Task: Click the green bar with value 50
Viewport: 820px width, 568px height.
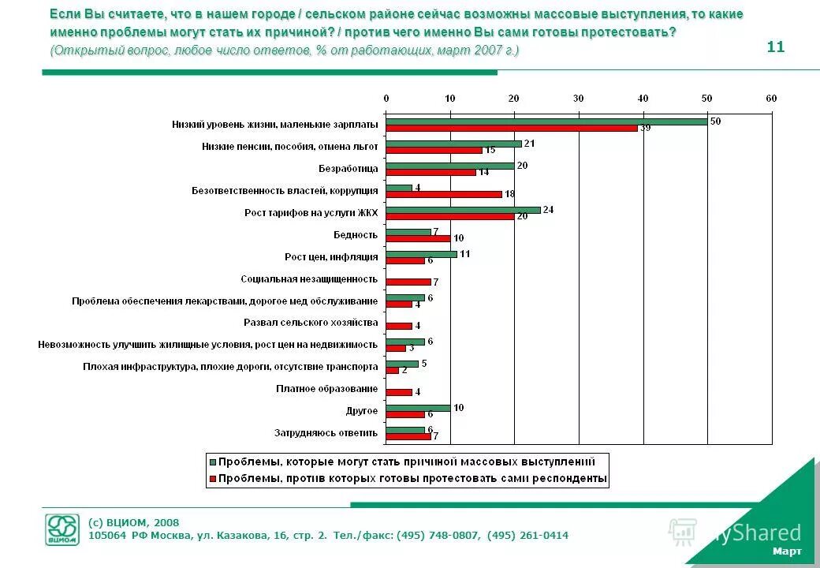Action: click(546, 121)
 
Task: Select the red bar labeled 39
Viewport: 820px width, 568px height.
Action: click(512, 129)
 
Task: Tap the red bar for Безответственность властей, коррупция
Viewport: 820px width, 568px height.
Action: click(444, 194)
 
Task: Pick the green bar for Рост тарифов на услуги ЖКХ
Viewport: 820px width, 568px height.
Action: click(463, 210)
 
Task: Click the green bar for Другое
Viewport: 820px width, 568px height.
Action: click(418, 408)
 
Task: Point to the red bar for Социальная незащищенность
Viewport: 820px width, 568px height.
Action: click(408, 282)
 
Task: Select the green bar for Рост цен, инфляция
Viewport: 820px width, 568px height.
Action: click(421, 254)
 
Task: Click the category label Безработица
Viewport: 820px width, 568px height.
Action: click(348, 169)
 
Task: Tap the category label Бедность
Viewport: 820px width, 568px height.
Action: click(356, 235)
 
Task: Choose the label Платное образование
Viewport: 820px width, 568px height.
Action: click(326, 389)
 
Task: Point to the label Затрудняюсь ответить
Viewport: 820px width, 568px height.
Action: click(326, 433)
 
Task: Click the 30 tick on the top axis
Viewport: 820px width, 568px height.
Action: click(578, 98)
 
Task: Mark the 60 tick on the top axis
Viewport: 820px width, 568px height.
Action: click(770, 98)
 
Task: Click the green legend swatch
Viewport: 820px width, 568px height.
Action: click(212, 461)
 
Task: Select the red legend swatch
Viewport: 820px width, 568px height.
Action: click(212, 478)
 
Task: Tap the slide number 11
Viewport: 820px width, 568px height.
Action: click(775, 47)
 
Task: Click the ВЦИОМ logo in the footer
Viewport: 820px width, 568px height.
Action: click(61, 529)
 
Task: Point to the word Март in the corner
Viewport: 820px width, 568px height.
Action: click(787, 551)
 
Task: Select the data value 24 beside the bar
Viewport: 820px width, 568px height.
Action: click(548, 210)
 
